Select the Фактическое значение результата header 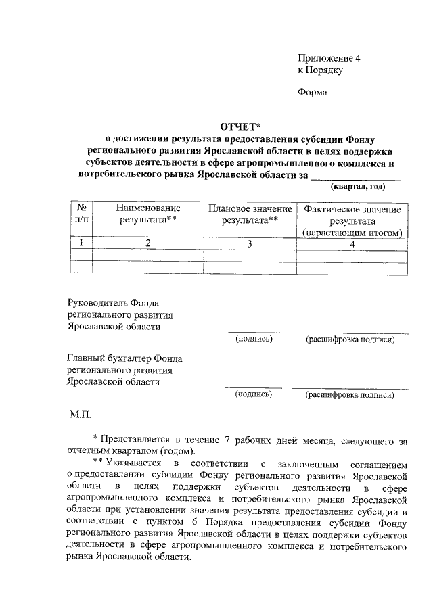[352, 220]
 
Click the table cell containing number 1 [81, 243]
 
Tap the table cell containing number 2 [148, 243]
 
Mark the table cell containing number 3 [250, 243]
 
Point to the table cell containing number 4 [352, 243]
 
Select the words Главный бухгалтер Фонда [124, 358]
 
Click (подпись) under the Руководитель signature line [253, 339]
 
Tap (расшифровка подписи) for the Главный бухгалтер [350, 394]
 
